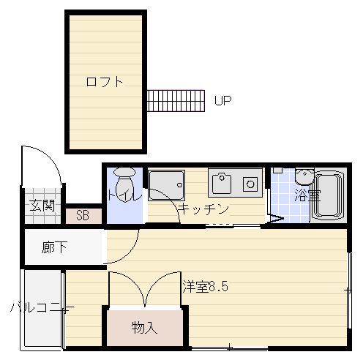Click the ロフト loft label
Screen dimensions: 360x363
click(104, 82)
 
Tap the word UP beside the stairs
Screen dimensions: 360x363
click(223, 100)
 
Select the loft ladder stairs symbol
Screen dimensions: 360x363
click(175, 100)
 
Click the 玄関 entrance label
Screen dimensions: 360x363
click(42, 205)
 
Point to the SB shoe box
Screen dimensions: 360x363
click(83, 216)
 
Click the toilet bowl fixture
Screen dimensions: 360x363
click(125, 179)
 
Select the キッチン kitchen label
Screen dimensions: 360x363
click(204, 209)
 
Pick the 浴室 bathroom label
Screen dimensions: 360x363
click(307, 196)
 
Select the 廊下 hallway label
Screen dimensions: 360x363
click(54, 247)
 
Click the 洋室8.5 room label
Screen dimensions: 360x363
click(205, 286)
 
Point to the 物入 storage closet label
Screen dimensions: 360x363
click(144, 327)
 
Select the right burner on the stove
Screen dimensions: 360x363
click(251, 181)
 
